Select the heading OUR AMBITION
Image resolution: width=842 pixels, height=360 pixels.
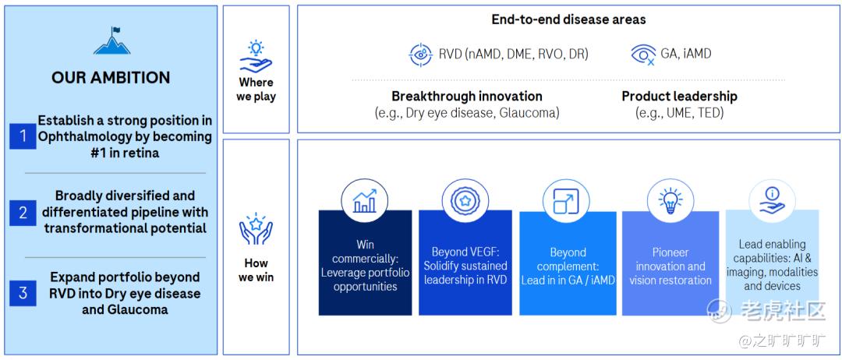(x=111, y=78)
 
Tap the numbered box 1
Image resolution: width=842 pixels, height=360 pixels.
(x=23, y=136)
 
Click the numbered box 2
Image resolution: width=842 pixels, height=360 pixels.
(x=23, y=213)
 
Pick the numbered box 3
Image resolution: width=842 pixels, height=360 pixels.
(x=23, y=293)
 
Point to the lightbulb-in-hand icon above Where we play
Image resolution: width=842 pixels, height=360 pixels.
(x=256, y=56)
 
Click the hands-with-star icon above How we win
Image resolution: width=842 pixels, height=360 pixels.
(x=256, y=229)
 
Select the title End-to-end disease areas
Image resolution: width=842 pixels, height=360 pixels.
(x=568, y=19)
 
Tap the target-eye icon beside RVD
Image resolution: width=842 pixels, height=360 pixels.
(x=420, y=55)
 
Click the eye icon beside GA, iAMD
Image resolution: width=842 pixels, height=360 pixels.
(x=643, y=55)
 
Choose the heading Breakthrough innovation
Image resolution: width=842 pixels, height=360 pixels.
(x=467, y=97)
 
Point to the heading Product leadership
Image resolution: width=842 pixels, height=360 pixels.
(x=679, y=97)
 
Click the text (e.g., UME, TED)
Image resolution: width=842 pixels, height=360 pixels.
(x=679, y=113)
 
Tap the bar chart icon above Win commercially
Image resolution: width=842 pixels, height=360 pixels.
(x=365, y=201)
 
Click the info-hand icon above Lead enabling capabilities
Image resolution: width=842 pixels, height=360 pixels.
(x=772, y=201)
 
